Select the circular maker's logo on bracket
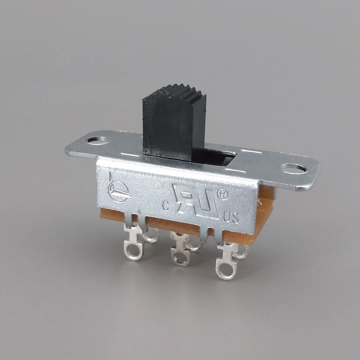click(x=116, y=191)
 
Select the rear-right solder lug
click(x=241, y=251)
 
